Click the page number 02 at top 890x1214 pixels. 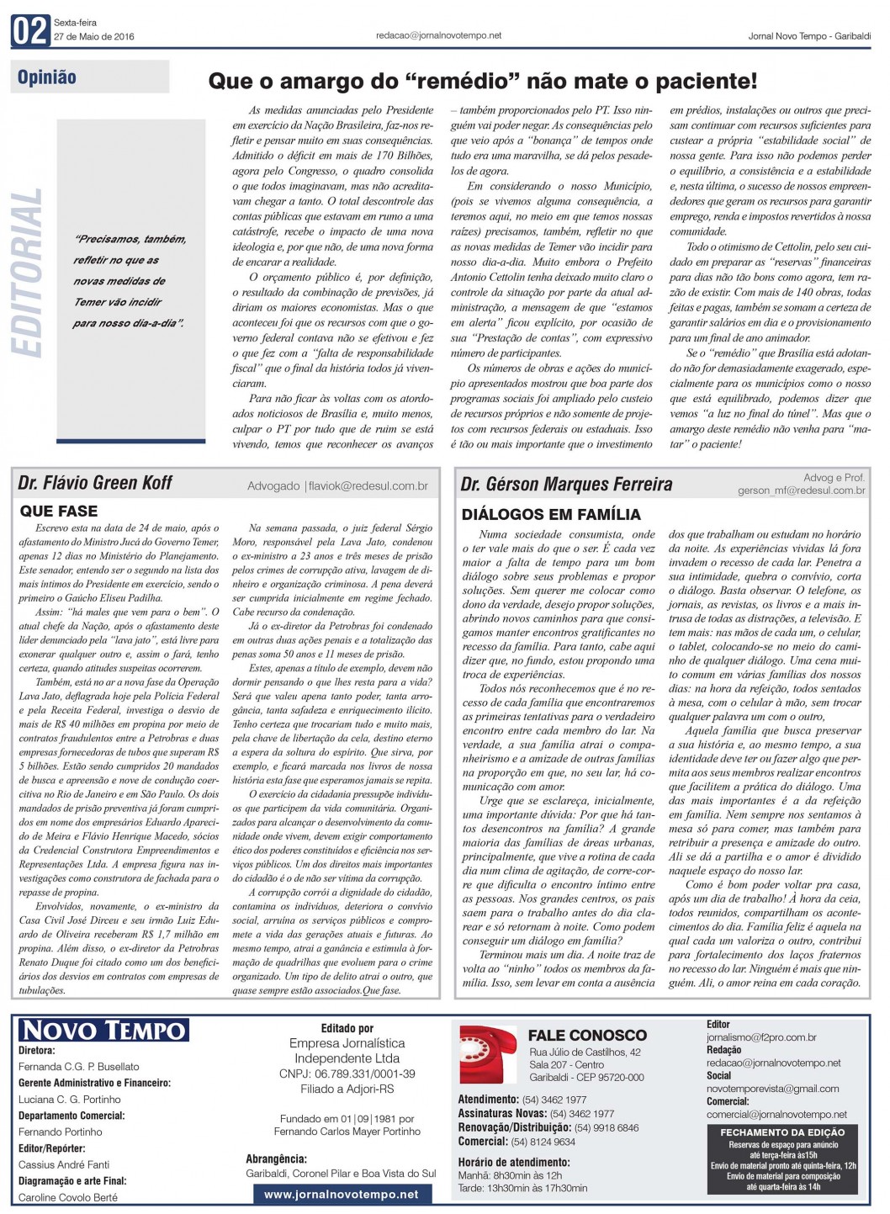[x=30, y=31]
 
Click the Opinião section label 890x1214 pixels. [x=47, y=77]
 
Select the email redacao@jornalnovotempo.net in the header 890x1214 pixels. [x=438, y=35]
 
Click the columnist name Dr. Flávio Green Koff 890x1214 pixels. [x=95, y=483]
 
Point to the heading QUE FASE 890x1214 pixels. [x=59, y=511]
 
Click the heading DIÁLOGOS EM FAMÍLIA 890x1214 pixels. [x=551, y=514]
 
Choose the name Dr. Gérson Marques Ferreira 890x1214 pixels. [x=566, y=484]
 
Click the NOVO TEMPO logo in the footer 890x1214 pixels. [x=103, y=1030]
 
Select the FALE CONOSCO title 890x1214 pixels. [x=587, y=1035]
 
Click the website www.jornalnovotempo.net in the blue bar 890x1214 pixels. [x=341, y=1194]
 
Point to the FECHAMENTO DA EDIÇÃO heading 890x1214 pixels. [x=782, y=1132]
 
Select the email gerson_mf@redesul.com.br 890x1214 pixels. [x=801, y=490]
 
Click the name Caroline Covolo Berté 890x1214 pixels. [x=68, y=1197]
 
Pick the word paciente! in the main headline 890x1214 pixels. [x=717, y=82]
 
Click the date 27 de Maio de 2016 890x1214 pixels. [x=93, y=37]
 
